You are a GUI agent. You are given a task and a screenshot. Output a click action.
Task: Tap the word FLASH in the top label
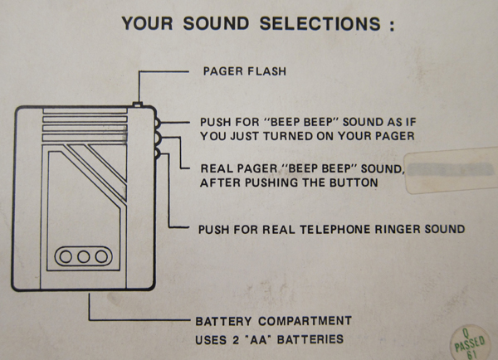click(266, 71)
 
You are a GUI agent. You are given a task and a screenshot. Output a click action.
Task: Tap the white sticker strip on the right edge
click(452, 166)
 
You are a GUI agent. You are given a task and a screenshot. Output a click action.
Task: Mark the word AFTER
click(219, 183)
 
